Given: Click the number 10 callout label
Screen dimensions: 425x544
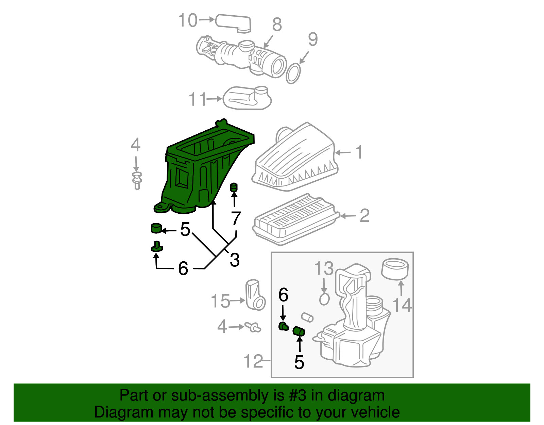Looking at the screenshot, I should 188,20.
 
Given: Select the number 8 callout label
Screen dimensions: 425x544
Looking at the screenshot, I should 277,24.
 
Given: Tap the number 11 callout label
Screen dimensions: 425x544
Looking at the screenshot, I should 198,99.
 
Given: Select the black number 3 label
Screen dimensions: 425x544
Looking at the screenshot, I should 235,260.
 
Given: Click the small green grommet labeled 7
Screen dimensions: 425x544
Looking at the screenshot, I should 234,187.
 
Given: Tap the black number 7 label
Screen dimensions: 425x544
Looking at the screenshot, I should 236,218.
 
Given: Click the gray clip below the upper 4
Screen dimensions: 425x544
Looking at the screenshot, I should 137,180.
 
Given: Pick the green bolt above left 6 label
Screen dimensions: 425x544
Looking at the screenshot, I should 156,247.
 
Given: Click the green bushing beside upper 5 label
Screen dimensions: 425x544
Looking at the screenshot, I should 156,228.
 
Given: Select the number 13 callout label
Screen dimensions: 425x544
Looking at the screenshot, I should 324,269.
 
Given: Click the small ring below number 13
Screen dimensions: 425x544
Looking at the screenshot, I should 325,299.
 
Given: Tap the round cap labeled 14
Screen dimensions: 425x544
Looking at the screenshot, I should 395,269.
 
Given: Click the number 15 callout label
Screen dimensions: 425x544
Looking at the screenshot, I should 220,301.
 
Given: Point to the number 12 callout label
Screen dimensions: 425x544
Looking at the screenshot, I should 254,361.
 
